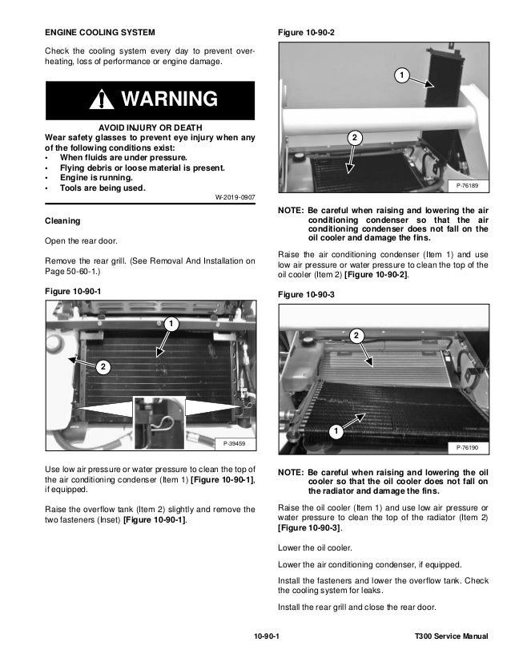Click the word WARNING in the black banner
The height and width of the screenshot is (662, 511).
tap(167, 100)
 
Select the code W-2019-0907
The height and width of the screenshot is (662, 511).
tap(235, 197)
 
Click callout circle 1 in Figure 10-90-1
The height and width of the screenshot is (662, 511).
tap(170, 324)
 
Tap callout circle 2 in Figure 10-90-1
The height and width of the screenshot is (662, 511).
tap(103, 366)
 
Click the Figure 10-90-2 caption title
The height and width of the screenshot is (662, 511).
tap(306, 32)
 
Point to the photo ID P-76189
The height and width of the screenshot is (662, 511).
tap(467, 186)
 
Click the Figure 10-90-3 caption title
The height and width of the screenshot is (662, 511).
tap(306, 295)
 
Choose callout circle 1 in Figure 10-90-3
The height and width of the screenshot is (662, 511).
tap(333, 433)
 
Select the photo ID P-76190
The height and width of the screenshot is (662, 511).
tap(467, 446)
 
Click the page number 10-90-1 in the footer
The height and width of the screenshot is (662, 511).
tap(266, 637)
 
